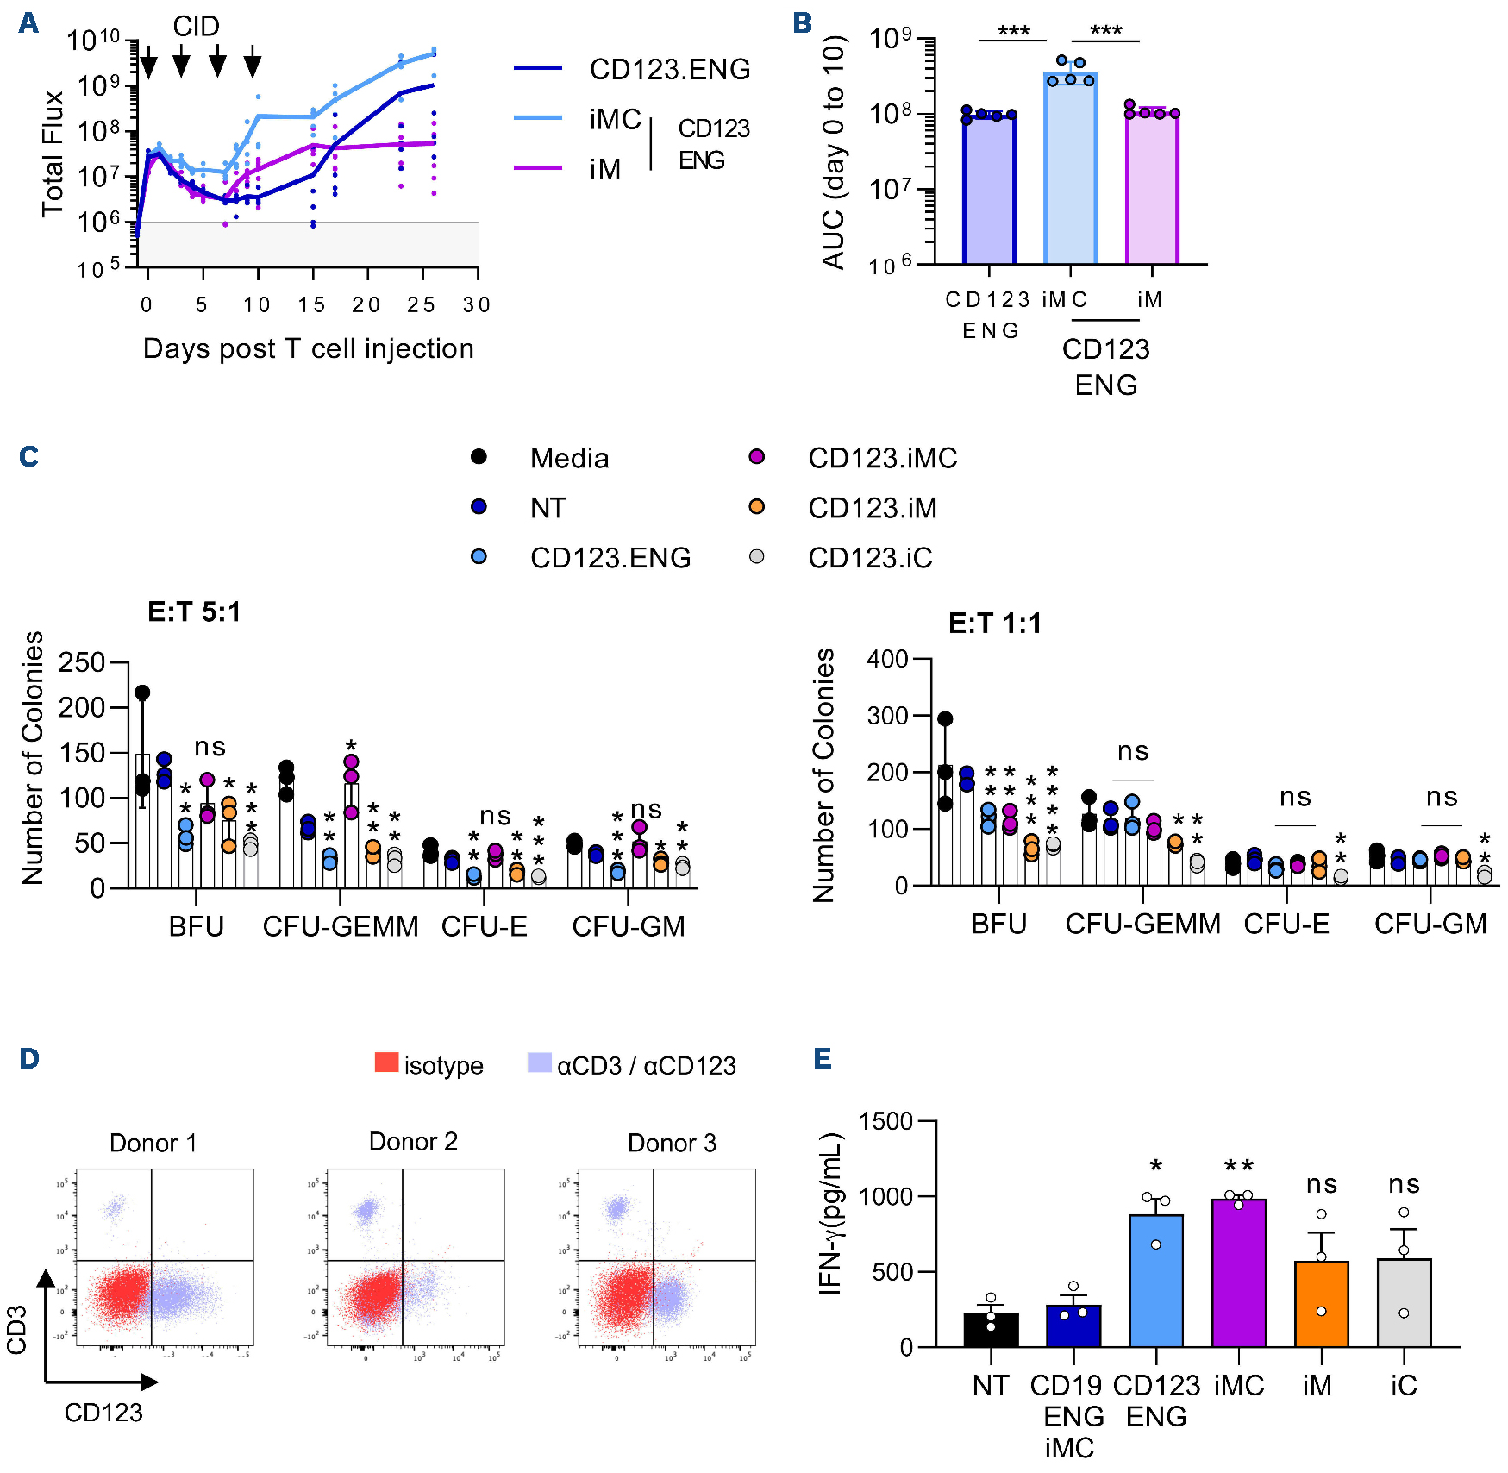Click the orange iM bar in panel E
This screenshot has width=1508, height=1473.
1321,1303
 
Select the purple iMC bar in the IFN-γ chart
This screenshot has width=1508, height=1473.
1238,1272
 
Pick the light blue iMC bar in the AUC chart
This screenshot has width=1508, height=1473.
1070,168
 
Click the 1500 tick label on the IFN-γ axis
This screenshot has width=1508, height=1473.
885,1121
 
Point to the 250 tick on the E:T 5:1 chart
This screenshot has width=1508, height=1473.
82,662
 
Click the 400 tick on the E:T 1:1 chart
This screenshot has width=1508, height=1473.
887,659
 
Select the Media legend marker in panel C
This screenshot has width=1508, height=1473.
479,457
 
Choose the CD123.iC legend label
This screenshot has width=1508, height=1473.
870,558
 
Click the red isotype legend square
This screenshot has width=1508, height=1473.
386,1063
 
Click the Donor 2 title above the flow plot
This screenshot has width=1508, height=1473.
413,1142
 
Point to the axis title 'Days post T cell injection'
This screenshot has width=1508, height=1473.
308,348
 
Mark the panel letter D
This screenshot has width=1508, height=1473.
29,1058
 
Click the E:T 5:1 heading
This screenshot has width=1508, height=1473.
194,611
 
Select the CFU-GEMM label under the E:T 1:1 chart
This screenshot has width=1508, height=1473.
1142,924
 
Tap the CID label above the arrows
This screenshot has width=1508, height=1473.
196,27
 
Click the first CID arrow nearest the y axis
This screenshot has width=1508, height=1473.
148,63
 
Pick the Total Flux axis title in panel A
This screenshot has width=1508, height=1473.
53,154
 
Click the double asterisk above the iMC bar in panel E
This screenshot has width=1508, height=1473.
1238,1166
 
